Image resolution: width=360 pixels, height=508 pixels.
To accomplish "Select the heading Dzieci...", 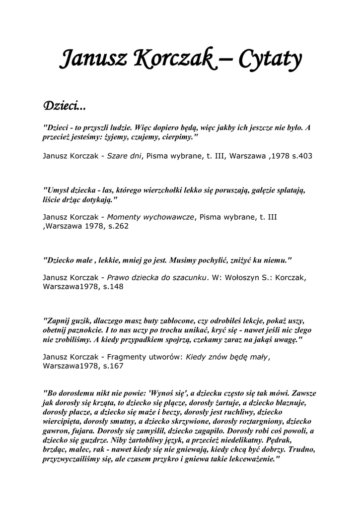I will pyautogui.click(x=64, y=106).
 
